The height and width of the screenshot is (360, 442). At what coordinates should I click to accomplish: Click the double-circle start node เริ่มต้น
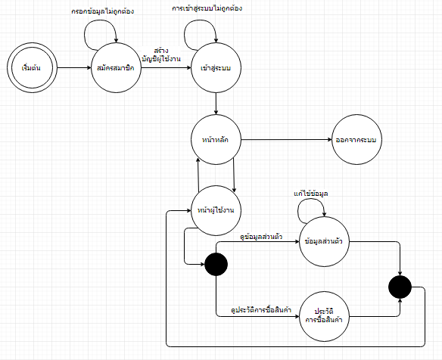[x=32, y=67]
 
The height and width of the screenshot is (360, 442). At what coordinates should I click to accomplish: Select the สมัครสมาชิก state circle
[x=117, y=67]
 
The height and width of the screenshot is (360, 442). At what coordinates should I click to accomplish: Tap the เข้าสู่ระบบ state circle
[x=216, y=67]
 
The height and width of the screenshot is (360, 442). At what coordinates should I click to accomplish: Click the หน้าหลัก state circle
[x=216, y=139]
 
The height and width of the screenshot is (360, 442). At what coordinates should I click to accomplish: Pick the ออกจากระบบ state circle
[x=356, y=139]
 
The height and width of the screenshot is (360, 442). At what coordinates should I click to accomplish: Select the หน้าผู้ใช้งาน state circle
[x=216, y=210]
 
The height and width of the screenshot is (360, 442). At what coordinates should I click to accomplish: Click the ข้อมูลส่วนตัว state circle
[x=324, y=241]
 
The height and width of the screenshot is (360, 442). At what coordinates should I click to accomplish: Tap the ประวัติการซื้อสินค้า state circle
[x=324, y=316]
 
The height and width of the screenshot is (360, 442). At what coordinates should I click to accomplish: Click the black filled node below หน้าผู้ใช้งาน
[x=216, y=264]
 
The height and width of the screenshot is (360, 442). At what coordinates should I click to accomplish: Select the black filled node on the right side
[x=400, y=287]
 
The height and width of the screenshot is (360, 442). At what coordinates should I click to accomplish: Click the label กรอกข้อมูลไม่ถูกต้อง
[x=103, y=11]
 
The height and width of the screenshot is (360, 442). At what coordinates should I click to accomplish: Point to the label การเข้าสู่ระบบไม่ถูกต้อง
[x=207, y=8]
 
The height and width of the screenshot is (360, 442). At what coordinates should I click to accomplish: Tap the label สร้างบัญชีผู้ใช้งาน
[x=161, y=55]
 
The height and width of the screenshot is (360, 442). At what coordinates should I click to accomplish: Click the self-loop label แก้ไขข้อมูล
[x=310, y=194]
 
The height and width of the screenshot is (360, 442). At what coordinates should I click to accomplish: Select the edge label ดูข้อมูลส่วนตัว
[x=261, y=236]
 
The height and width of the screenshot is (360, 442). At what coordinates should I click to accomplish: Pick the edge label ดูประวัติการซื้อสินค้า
[x=261, y=310]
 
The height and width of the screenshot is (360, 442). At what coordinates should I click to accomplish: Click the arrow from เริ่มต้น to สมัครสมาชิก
[x=74, y=67]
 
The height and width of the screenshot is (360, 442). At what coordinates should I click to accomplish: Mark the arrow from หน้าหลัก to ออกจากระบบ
[x=286, y=139]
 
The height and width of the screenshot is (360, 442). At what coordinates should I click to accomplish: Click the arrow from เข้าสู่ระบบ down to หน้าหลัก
[x=216, y=104]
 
